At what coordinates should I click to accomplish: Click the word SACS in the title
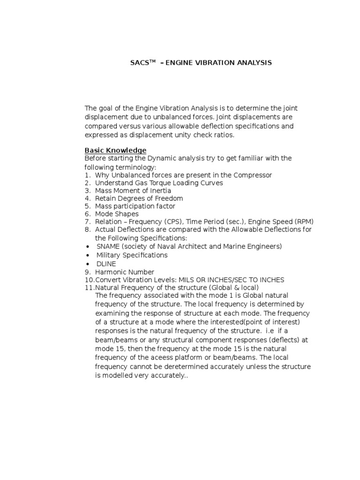[139, 63]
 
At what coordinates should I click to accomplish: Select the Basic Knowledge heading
[115, 150]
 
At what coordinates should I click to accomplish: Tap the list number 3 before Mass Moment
[87, 191]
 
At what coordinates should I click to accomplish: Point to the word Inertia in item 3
[160, 191]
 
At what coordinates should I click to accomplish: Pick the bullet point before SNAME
[88, 246]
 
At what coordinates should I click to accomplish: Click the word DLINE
[106, 264]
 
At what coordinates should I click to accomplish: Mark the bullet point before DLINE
[88, 264]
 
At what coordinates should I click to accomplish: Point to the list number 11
[89, 287]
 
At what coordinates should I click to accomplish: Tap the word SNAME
[108, 246]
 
